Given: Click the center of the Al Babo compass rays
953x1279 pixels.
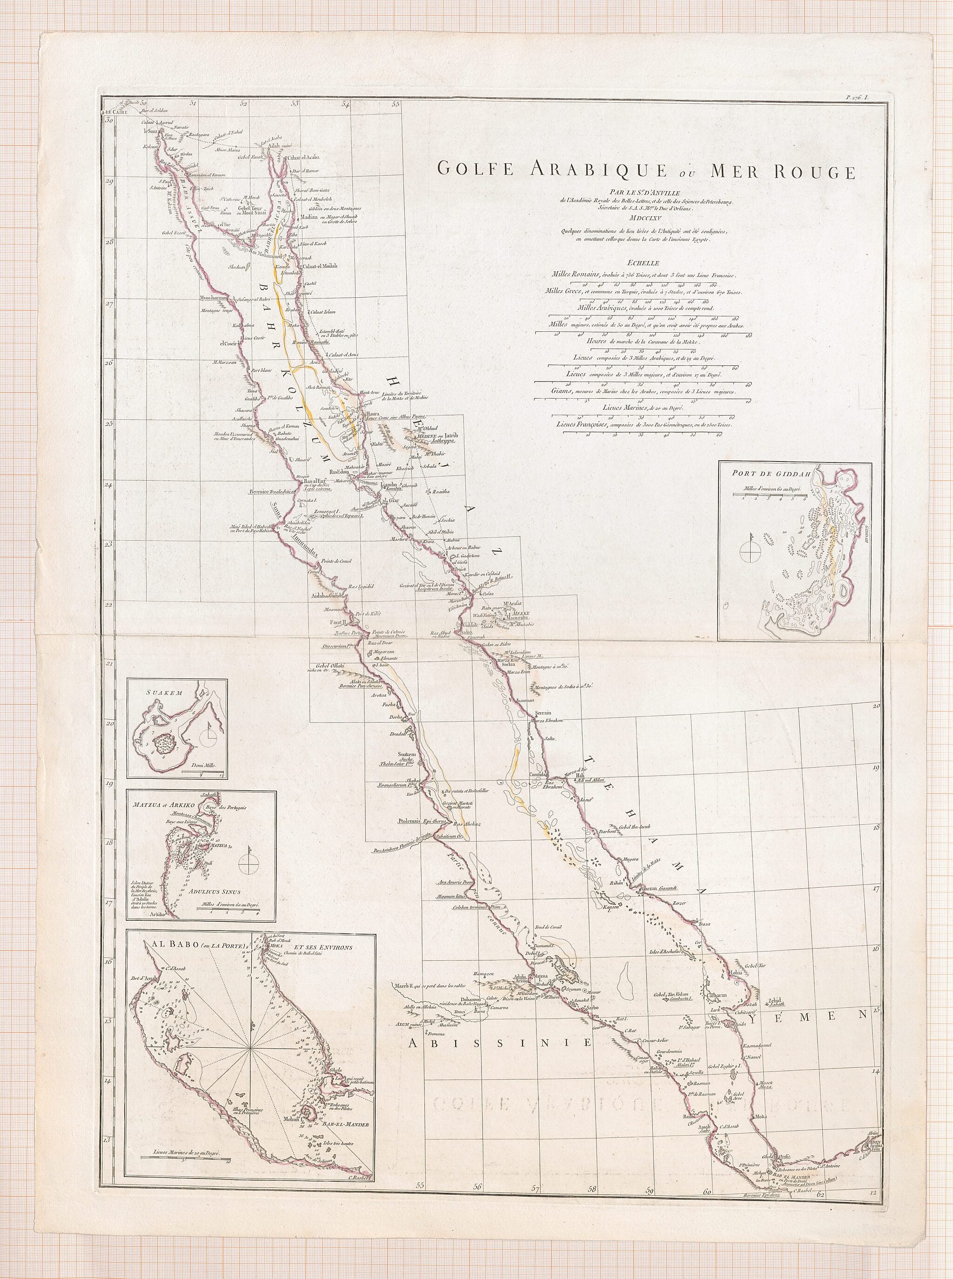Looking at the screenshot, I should (x=250, y=1047).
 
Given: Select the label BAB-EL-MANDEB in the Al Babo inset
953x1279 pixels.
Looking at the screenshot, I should (x=346, y=1108).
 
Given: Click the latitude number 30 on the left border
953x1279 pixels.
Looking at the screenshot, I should (x=108, y=120).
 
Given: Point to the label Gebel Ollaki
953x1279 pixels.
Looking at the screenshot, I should (x=328, y=665).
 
